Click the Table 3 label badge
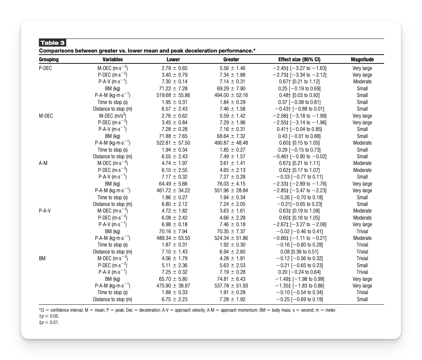52,43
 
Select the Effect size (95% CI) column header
299,60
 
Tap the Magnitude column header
362,60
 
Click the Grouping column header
49,60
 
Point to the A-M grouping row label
43,163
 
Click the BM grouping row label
42,258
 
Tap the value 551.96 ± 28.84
231,191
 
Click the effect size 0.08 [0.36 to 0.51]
299,252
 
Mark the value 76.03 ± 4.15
231,184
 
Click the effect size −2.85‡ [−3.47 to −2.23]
299,191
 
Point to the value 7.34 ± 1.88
231,75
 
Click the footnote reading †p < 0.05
49,316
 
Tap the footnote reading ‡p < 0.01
49,323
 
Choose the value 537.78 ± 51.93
231,286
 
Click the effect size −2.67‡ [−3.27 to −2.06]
299,224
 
